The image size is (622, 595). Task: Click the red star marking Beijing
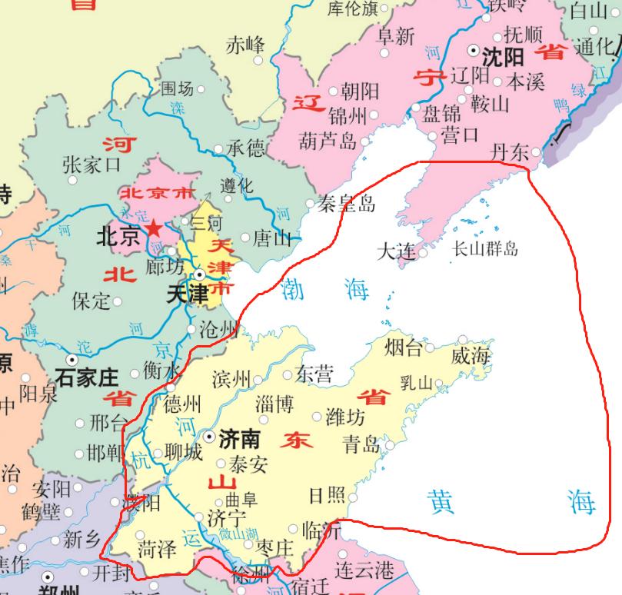[x=155, y=228]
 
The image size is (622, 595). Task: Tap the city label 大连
[x=397, y=251]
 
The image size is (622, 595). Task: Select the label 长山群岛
[x=484, y=248]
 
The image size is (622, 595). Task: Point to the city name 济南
[x=239, y=439]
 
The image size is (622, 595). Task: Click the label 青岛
[x=362, y=444]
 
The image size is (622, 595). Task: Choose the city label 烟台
[x=404, y=348]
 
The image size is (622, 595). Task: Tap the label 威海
[x=471, y=355]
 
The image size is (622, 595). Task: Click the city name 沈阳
[x=504, y=56]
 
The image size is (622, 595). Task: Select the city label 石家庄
[x=87, y=377]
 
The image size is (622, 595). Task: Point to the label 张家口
[x=91, y=164]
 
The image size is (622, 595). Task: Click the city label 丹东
[x=510, y=152]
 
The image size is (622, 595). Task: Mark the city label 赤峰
[x=244, y=45]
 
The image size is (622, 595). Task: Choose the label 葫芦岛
[x=328, y=141]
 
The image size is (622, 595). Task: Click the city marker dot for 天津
[x=199, y=274]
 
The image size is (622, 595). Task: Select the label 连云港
[x=364, y=570]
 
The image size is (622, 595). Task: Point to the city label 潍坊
[x=346, y=417]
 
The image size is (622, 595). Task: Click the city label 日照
[x=327, y=495]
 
